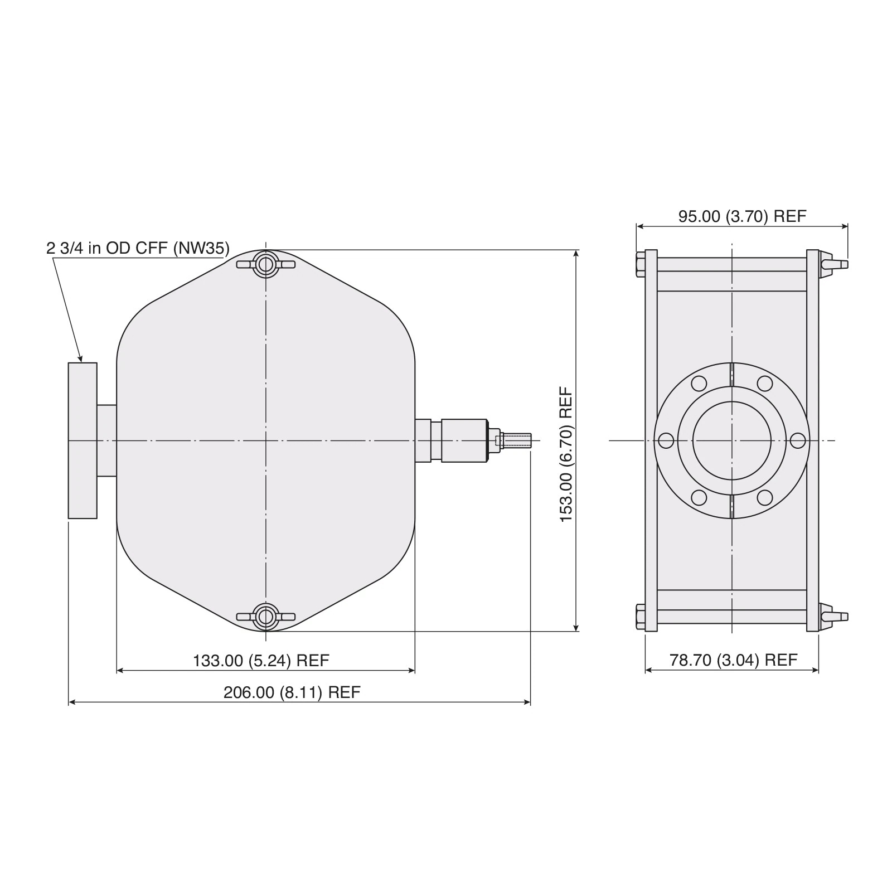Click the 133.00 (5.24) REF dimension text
pyautogui.click(x=261, y=661)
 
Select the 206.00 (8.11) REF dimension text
pyautogui.click(x=292, y=692)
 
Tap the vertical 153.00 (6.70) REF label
pyautogui.click(x=566, y=454)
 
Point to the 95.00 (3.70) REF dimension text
pyautogui.click(x=742, y=216)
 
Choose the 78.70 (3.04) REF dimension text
pyautogui.click(x=733, y=660)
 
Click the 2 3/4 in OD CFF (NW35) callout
pyautogui.click(x=138, y=248)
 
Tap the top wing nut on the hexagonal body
pyautogui.click(x=266, y=263)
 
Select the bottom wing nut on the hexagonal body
pyautogui.click(x=266, y=617)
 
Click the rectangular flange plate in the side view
pyautogui.click(x=83, y=440)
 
